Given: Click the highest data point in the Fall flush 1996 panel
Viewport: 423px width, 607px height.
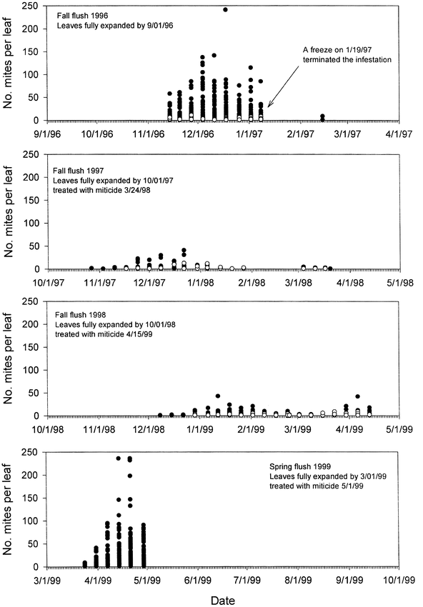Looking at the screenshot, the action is point(226,10).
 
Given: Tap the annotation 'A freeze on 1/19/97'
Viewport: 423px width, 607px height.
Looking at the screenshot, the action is point(337,50).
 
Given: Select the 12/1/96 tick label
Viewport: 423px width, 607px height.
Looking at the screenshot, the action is point(199,134).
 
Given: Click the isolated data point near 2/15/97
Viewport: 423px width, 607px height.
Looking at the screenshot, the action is point(322,116).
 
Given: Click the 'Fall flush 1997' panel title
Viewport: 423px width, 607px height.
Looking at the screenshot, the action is point(79,171).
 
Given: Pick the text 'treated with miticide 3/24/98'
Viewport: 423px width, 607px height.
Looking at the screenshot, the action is point(101,190).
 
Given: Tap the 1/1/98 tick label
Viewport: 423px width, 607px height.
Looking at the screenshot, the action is point(200,283).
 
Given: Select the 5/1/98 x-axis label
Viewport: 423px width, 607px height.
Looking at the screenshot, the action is point(399,283).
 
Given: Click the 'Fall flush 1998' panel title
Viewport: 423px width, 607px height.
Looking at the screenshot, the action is point(80,315).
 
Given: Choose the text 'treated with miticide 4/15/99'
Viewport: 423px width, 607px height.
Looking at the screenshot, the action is point(104,334).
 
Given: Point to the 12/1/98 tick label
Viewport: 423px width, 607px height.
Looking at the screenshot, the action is point(149,430).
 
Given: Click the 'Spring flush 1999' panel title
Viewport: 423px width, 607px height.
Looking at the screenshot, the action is point(300,466).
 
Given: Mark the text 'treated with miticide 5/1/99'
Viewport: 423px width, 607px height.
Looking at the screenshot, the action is point(317,486).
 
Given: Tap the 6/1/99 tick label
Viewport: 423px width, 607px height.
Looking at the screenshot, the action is point(198,581).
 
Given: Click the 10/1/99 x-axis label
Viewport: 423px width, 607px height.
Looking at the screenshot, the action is point(399,581).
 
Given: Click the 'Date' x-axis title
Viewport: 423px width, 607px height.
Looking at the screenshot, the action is point(223,601).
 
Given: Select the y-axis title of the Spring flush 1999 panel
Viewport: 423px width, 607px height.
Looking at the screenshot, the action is point(7,509).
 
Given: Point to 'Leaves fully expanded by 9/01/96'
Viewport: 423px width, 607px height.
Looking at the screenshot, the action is point(115,26).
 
